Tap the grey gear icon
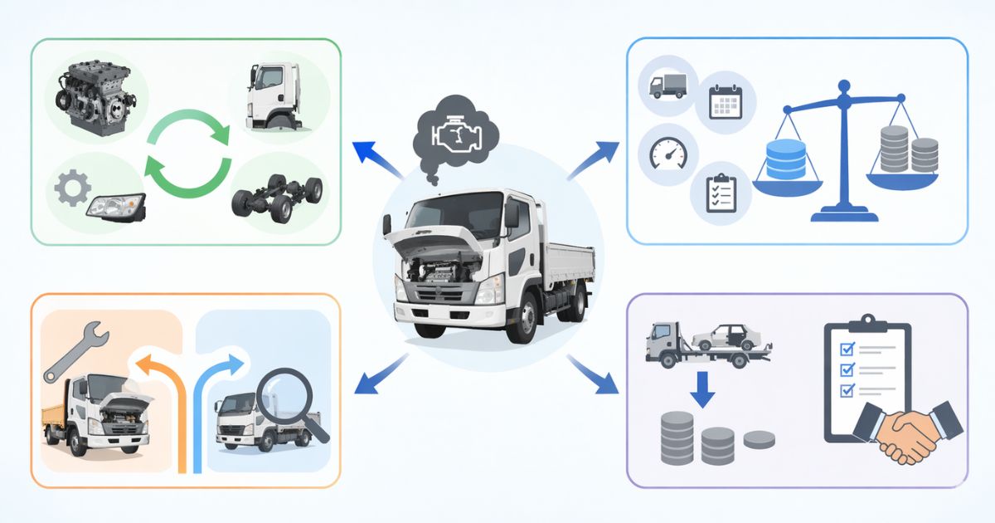tap(72, 188)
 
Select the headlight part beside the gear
tap(116, 204)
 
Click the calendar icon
tap(725, 104)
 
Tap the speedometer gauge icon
tap(667, 154)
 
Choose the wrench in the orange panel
tap(75, 352)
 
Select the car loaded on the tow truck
tap(726, 336)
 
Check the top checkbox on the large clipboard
tap(847, 349)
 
